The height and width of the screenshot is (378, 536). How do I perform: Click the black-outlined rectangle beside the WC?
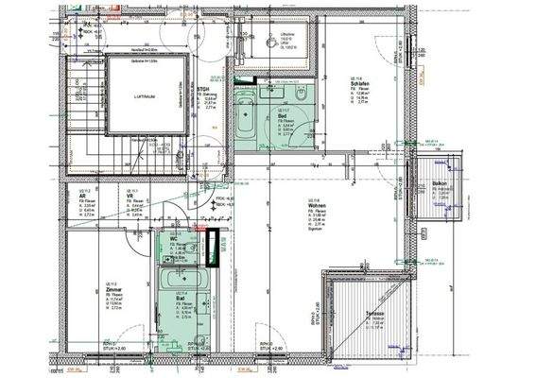tap(213, 250)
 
